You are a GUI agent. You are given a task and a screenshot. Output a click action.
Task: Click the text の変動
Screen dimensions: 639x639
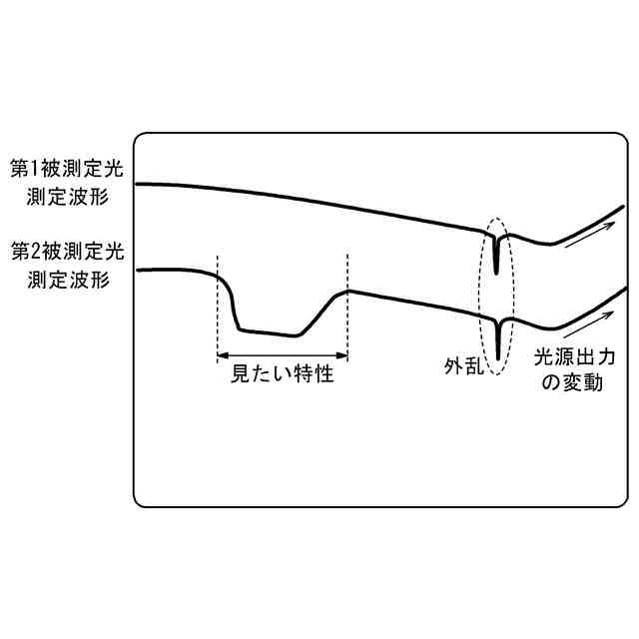click(x=570, y=383)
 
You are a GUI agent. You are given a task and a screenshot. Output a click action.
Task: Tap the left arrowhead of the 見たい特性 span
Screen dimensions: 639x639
click(x=222, y=354)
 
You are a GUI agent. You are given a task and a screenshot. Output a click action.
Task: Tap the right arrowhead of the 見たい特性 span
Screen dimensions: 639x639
click(x=342, y=354)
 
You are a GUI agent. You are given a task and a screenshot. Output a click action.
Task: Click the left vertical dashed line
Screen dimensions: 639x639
click(x=217, y=300)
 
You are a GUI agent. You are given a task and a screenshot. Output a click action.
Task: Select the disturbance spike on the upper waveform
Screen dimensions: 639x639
click(x=496, y=255)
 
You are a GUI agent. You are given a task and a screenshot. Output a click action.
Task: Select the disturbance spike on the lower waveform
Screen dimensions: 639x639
click(x=497, y=339)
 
